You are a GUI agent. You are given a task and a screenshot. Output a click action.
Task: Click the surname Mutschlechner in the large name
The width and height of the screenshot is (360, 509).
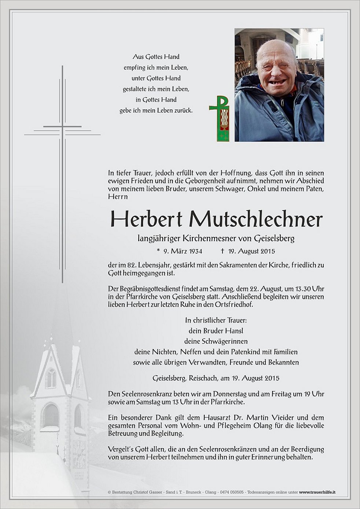click(256, 219)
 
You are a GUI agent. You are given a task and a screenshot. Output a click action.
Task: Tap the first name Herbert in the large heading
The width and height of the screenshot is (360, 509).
click(146, 219)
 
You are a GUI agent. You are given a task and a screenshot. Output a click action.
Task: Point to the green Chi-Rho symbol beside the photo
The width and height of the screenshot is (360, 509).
click(219, 118)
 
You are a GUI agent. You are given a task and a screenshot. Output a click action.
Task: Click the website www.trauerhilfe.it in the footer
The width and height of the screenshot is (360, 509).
click(318, 492)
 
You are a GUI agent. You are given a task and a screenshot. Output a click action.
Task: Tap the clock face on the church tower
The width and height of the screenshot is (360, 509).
click(78, 455)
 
